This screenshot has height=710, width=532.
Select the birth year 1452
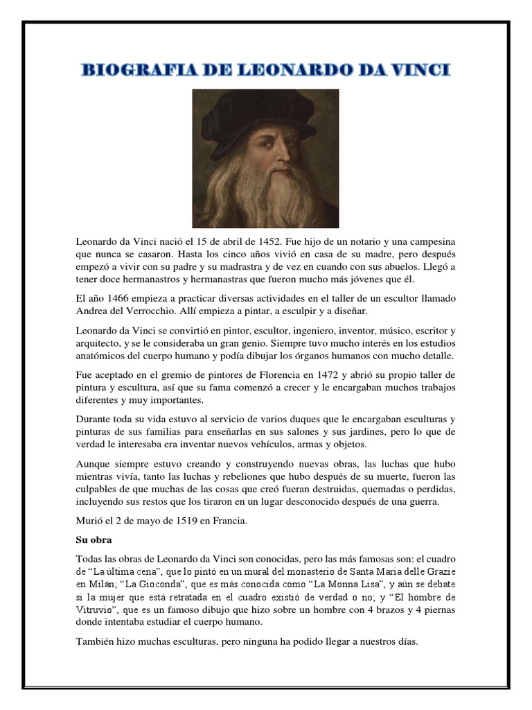pyautogui.click(x=265, y=241)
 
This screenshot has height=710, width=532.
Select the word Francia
pyautogui.click(x=229, y=520)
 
